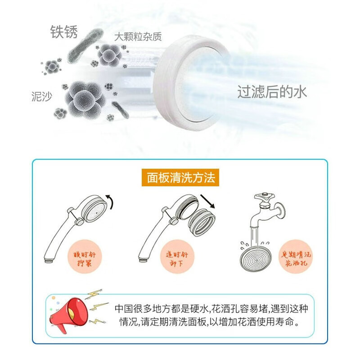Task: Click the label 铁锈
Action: point(63,32)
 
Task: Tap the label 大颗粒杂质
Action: point(138,36)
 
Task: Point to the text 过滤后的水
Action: point(272,92)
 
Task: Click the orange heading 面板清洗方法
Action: point(181,178)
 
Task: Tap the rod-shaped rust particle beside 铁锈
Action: point(84,46)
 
